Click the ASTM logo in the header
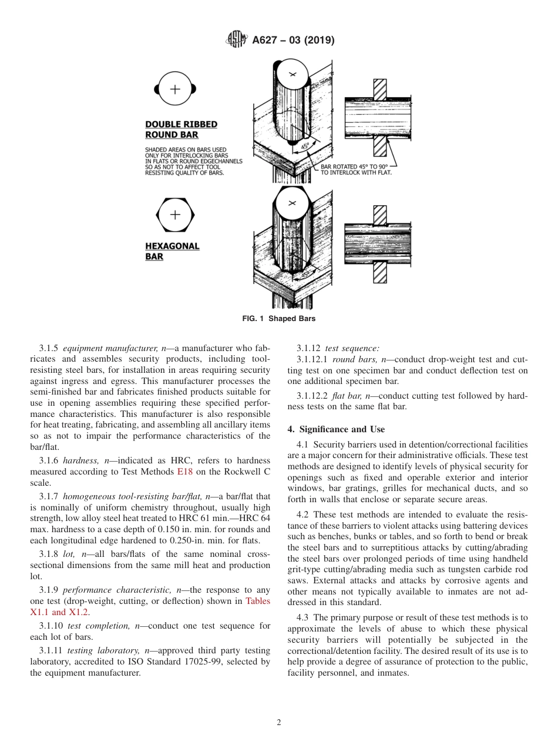(237, 40)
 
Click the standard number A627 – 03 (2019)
(293, 41)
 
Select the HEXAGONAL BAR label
(172, 251)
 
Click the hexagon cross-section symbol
(175, 215)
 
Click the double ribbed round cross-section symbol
(175, 89)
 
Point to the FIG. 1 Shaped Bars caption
(278, 319)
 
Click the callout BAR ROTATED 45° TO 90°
(356, 169)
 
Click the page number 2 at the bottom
(278, 723)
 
